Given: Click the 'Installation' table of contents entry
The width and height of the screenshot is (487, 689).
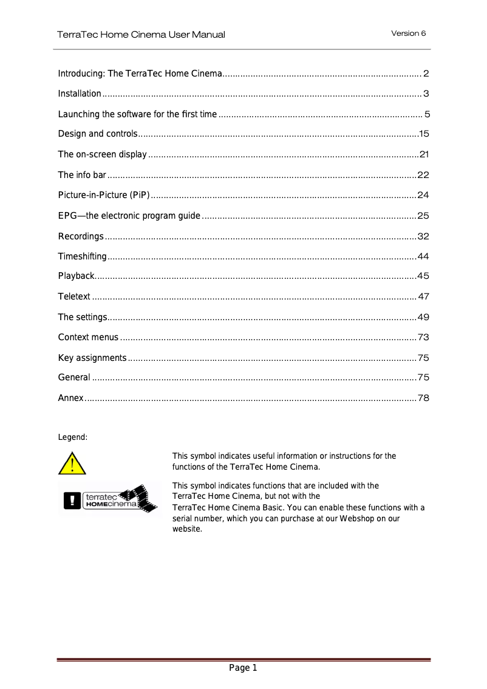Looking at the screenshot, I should pos(80,94).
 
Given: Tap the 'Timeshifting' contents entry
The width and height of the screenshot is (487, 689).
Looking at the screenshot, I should pos(82,256).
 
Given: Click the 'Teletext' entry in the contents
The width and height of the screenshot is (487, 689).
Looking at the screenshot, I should pos(74,297).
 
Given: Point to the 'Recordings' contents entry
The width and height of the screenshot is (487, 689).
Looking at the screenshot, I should pos(81,236).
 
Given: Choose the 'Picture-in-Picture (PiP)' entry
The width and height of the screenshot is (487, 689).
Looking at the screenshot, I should pos(103,195).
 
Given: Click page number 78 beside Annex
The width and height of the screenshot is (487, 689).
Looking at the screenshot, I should pos(423,398).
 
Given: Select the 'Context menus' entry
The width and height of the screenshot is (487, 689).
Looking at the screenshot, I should pos(88,337).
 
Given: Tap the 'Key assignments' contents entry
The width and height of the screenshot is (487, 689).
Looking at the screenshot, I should pos(92,358).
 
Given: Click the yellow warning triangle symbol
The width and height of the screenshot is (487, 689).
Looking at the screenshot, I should pos(72,464).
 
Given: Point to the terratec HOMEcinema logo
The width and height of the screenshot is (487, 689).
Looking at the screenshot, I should pos(107,499).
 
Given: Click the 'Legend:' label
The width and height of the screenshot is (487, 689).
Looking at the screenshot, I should pos(72,437).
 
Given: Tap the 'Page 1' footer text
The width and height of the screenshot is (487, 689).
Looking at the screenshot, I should pos(243,668).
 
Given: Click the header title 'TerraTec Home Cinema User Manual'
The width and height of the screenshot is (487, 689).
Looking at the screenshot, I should pos(141,35).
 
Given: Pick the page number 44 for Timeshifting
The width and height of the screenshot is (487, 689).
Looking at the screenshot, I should pos(423,256).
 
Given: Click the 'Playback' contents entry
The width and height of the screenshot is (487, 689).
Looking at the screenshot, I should pos(76,276).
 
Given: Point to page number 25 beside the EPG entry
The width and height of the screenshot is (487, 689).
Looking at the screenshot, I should pos(423,216).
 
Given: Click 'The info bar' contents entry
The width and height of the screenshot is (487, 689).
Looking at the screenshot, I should pos(82,175).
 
